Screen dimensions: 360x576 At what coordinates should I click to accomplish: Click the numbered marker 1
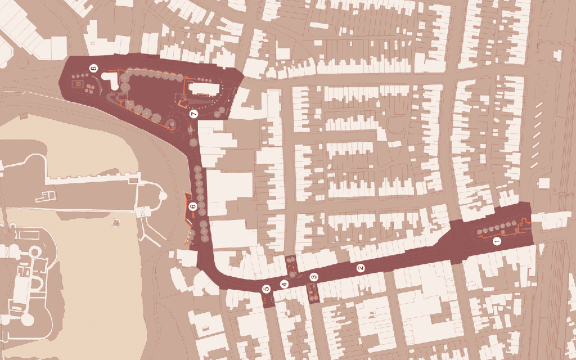pyautogui.click(x=497, y=241)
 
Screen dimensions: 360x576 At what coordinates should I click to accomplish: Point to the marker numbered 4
pyautogui.click(x=284, y=284)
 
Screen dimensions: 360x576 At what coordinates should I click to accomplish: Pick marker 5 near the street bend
pyautogui.click(x=266, y=289)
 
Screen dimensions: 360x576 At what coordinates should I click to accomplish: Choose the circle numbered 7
pyautogui.click(x=193, y=114)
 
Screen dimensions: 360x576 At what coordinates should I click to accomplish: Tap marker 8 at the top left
pyautogui.click(x=93, y=68)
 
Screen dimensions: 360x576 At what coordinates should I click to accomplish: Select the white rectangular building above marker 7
pyautogui.click(x=204, y=89)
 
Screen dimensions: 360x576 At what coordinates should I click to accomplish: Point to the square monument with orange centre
pyautogui.click(x=78, y=84)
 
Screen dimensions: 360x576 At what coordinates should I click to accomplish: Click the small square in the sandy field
pyautogui.click(x=116, y=223)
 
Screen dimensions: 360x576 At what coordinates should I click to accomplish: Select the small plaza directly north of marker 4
pyautogui.click(x=291, y=263)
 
